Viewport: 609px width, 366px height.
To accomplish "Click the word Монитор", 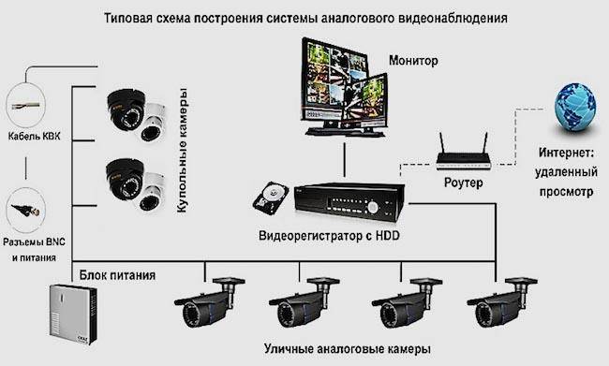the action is [413, 61].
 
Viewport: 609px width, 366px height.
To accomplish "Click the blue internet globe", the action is [575, 107].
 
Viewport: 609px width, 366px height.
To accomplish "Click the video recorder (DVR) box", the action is [349, 202].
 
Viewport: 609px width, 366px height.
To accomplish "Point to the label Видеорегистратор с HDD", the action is [329, 236].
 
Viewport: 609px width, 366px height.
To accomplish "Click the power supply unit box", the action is [73, 315].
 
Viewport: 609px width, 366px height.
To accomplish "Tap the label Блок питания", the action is [117, 275].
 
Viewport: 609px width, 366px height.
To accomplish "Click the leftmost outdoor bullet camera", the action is [209, 301].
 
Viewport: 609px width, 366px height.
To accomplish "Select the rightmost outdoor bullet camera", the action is [502, 301].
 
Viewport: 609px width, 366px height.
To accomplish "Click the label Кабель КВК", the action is [34, 137].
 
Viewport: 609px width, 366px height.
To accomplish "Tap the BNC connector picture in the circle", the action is [26, 211].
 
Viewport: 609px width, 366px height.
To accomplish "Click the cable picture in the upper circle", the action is [25, 106].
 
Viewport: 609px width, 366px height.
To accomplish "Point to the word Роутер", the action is [464, 183].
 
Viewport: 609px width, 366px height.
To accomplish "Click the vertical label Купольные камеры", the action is [182, 150].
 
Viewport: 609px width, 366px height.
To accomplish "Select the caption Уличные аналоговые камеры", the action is [348, 348].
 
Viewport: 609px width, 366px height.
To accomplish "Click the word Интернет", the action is [566, 153].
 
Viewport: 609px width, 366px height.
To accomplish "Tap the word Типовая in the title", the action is [127, 18].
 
